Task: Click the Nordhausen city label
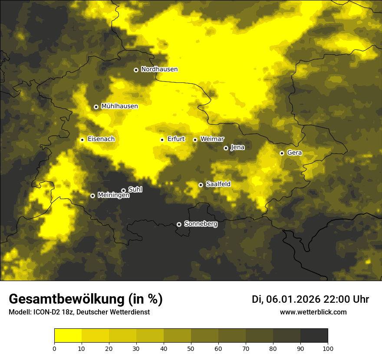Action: tap(159, 69)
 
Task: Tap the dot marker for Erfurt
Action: tap(162, 140)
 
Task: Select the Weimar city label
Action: tap(212, 139)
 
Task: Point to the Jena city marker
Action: tap(226, 148)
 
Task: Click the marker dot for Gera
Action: tap(282, 153)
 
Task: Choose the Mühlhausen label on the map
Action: tap(119, 106)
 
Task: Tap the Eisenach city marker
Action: tap(82, 140)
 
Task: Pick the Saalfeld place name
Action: tap(218, 184)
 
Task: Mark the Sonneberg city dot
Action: tap(179, 224)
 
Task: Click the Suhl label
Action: tap(135, 190)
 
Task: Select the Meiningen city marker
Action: tap(92, 196)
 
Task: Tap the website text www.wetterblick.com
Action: tap(313, 312)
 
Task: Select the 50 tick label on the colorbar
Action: tap(191, 348)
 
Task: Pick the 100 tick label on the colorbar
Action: tap(328, 348)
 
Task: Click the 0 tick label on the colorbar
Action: tap(54, 348)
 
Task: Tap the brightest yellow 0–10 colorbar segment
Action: tap(68, 336)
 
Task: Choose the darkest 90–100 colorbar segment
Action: tap(314, 336)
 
